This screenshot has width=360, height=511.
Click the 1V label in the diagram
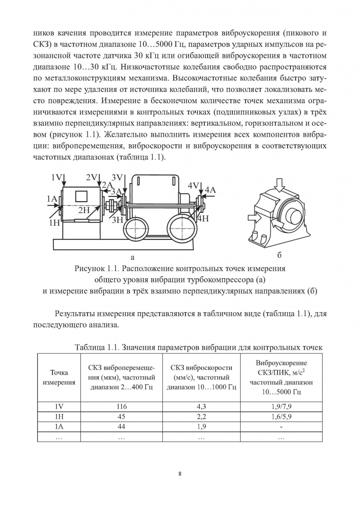point(57,177)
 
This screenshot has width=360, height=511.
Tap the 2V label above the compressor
point(91,177)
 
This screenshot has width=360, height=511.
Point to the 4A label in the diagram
point(210,190)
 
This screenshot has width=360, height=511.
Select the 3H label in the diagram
point(117,220)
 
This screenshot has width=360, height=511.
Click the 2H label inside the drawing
point(84,210)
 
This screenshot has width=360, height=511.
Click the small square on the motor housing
point(81,194)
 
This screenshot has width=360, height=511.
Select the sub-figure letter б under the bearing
point(279,256)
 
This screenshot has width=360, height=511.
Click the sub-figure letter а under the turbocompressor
point(132,257)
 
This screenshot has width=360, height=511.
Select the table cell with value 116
point(121,406)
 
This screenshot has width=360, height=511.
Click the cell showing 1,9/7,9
point(281,406)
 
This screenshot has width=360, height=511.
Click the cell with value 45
point(121,416)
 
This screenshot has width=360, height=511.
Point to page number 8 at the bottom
point(180,474)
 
